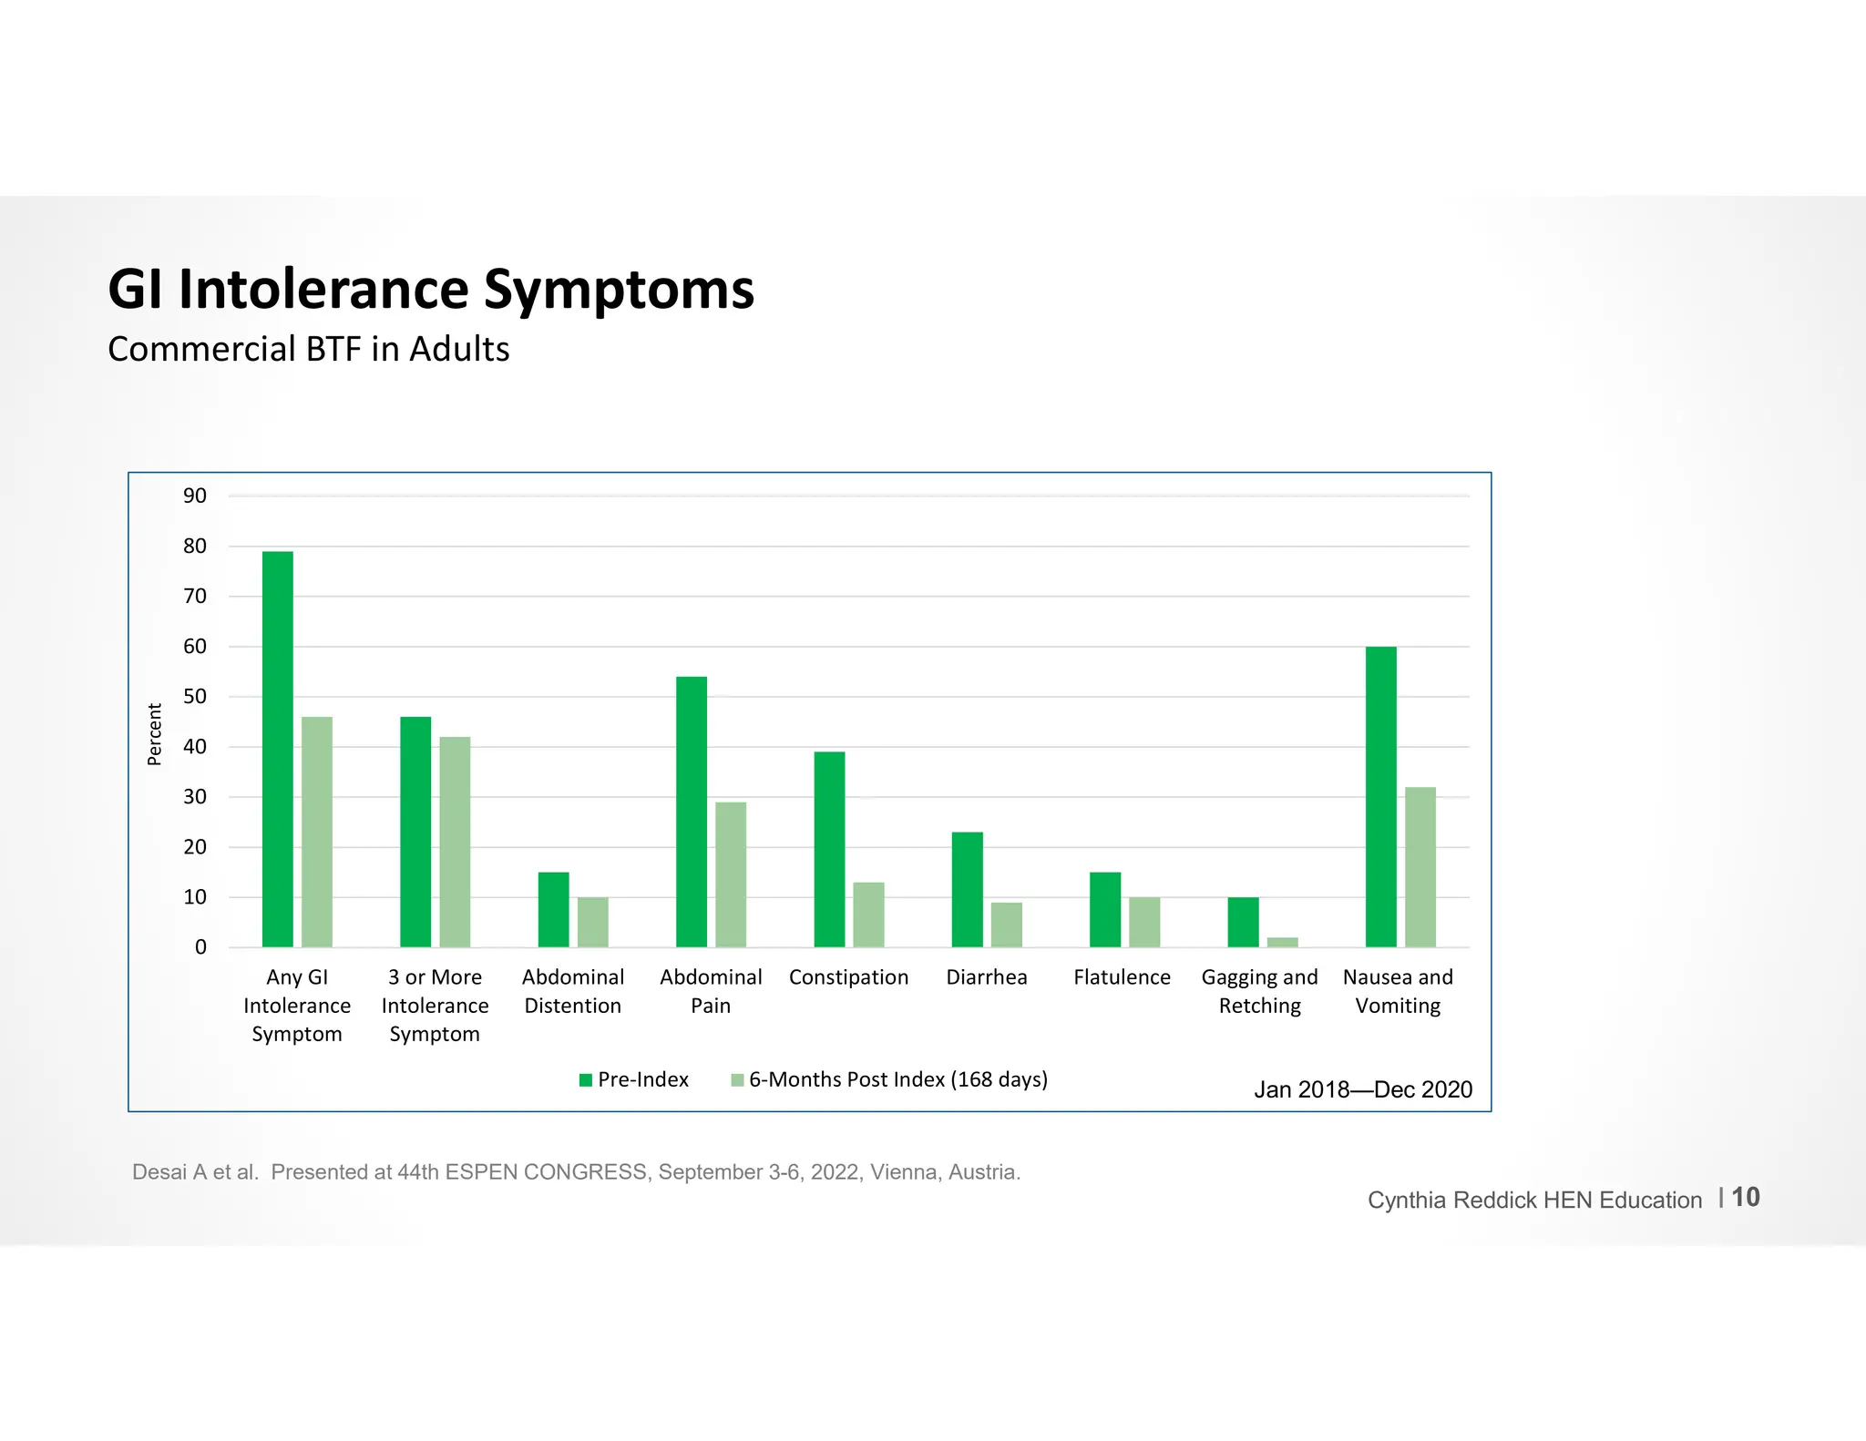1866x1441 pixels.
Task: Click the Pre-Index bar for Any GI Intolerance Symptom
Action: point(277,749)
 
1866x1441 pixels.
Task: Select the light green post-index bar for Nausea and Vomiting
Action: point(1420,867)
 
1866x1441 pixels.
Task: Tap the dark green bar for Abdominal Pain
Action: point(692,812)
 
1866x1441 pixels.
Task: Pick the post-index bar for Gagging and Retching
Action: point(1282,942)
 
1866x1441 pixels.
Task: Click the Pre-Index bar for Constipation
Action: point(829,849)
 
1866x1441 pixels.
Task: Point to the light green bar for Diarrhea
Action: point(1007,925)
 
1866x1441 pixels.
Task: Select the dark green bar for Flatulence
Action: point(1105,909)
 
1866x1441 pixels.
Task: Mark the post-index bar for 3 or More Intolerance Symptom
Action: point(455,842)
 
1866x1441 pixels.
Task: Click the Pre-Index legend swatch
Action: point(586,1080)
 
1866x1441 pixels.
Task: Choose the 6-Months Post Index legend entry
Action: point(897,1079)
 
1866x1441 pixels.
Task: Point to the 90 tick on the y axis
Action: point(195,496)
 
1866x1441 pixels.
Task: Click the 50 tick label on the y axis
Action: point(195,697)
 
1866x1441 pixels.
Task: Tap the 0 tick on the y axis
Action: point(200,947)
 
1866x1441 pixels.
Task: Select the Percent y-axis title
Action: point(154,734)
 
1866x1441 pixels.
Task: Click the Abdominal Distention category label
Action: point(573,991)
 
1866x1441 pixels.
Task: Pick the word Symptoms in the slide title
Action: point(619,290)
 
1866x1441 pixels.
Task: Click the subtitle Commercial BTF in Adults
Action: point(308,350)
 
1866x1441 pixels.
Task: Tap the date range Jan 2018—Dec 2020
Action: point(1362,1089)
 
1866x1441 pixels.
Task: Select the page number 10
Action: point(1745,1197)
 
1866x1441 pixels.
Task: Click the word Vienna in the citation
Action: point(904,1172)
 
